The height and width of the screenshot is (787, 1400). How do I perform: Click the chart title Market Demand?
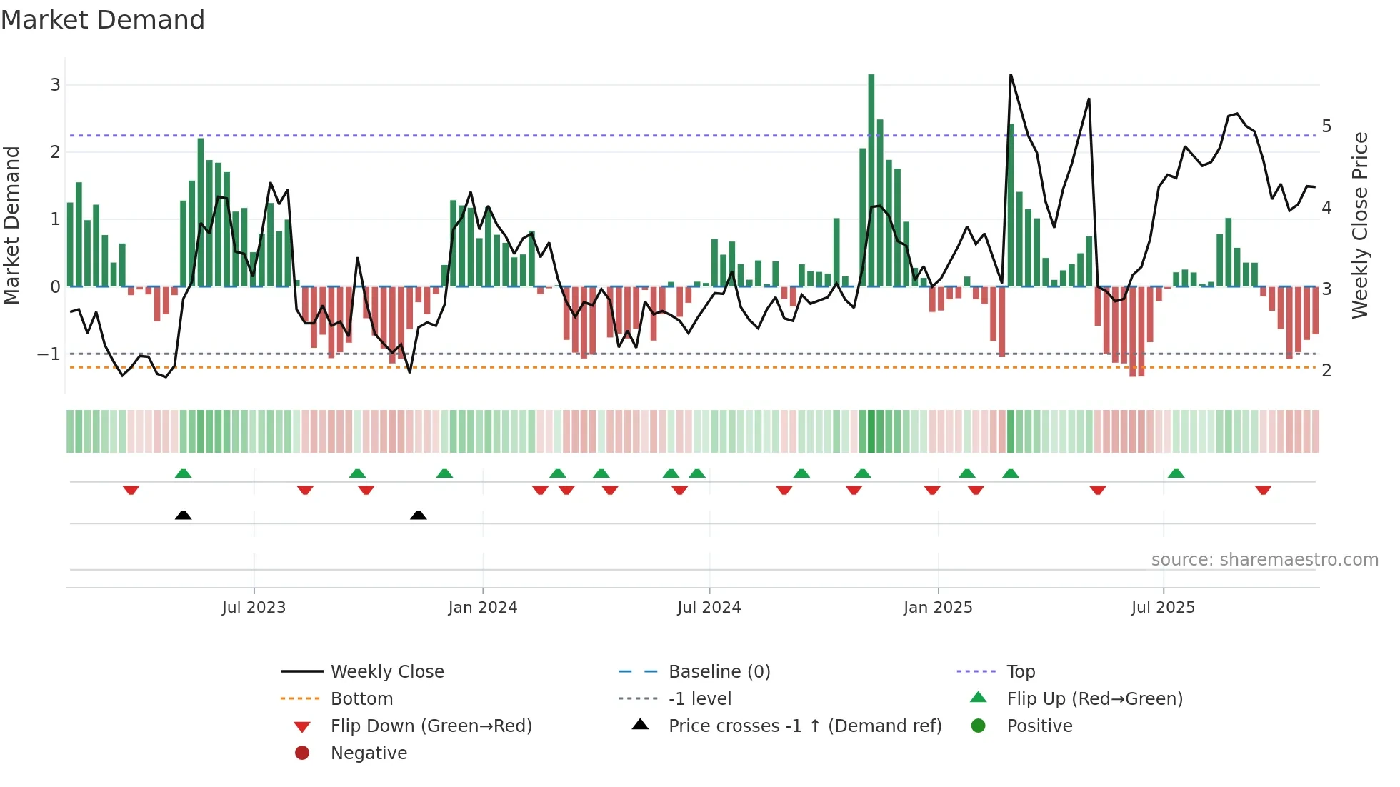click(103, 20)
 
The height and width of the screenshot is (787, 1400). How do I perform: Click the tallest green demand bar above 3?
click(871, 179)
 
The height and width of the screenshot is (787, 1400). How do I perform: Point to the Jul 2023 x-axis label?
click(254, 608)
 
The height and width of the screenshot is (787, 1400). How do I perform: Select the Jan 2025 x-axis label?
click(937, 608)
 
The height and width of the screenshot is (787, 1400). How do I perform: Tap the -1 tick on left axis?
click(49, 354)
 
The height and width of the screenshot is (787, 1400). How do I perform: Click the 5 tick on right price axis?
click(1326, 126)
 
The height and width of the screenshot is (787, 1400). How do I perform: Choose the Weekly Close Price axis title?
click(1360, 225)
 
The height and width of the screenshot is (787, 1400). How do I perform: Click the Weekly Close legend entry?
click(386, 672)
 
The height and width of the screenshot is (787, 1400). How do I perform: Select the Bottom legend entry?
click(361, 699)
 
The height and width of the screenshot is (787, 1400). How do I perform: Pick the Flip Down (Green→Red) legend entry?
click(431, 726)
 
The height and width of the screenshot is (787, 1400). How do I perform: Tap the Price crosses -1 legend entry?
click(804, 726)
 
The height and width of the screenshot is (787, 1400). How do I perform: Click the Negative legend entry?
click(369, 753)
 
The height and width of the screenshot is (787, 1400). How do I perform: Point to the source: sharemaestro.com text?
click(1264, 560)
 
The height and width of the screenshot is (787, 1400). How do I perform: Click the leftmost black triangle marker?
click(183, 516)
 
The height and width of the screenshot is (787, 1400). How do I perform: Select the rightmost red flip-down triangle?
click(1263, 490)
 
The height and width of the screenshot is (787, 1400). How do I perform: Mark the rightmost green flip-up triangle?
click(1176, 473)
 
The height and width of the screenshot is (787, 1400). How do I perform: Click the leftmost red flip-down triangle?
click(131, 490)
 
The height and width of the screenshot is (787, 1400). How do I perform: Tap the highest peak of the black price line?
click(1011, 75)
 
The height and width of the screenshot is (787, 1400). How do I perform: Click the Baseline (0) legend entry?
click(719, 672)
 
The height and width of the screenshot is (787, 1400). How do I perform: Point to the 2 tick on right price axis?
click(1326, 371)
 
